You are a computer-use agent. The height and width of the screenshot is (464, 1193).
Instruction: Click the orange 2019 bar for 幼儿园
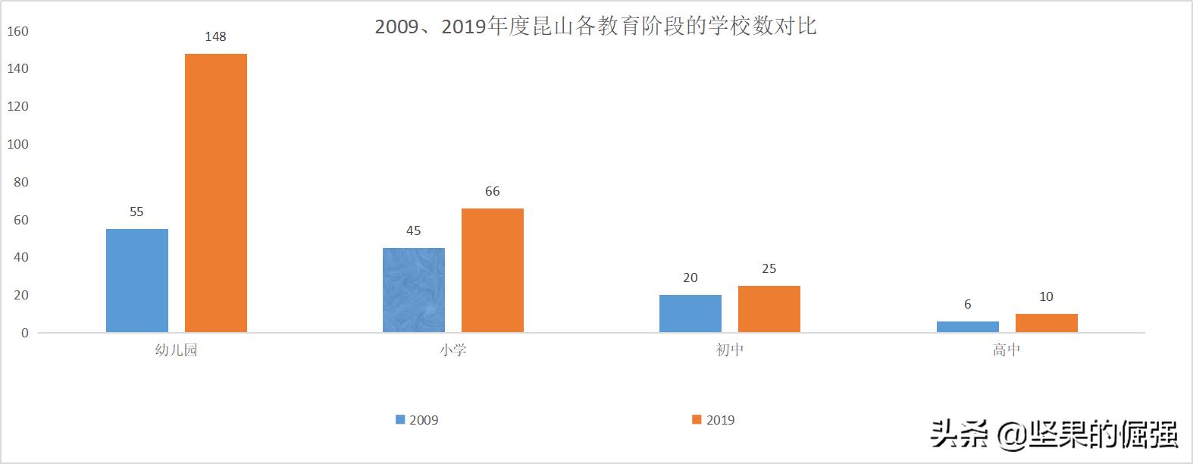tap(215, 193)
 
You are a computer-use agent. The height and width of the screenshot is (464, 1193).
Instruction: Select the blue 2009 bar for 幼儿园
tap(136, 281)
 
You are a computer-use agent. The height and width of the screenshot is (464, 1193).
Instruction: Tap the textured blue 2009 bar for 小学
tap(413, 290)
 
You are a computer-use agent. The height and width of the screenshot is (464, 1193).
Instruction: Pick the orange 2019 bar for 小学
tap(492, 270)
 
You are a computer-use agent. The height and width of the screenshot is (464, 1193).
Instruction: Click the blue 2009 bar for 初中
tap(690, 313)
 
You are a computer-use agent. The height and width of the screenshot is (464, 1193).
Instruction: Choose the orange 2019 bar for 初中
tap(769, 309)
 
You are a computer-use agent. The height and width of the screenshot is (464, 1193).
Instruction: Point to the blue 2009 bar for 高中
tap(967, 327)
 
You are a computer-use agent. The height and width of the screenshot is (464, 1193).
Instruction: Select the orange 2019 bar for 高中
tap(1046, 323)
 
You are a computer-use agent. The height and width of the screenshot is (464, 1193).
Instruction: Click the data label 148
tap(215, 36)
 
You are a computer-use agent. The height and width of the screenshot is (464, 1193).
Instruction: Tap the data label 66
tap(492, 191)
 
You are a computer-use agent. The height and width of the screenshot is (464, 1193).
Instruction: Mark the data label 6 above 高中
tap(967, 304)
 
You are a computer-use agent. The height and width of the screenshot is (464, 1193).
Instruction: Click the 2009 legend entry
tap(417, 420)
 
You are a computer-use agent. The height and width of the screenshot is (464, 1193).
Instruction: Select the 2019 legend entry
tap(713, 420)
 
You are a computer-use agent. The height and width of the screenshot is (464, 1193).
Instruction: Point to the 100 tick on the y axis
tap(17, 144)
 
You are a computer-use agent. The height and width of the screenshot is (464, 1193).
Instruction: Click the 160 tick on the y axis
tap(17, 31)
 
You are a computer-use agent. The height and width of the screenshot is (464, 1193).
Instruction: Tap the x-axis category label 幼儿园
tap(176, 350)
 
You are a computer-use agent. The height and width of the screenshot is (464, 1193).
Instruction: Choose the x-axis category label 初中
tap(729, 350)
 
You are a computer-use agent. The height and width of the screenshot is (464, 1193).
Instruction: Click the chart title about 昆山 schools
tap(596, 27)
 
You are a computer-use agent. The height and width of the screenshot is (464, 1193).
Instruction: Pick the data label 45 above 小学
tap(413, 230)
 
